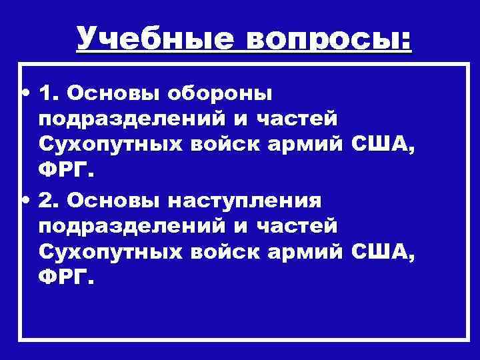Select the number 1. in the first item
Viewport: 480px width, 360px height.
point(51,91)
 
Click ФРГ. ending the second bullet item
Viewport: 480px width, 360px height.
point(63,280)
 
